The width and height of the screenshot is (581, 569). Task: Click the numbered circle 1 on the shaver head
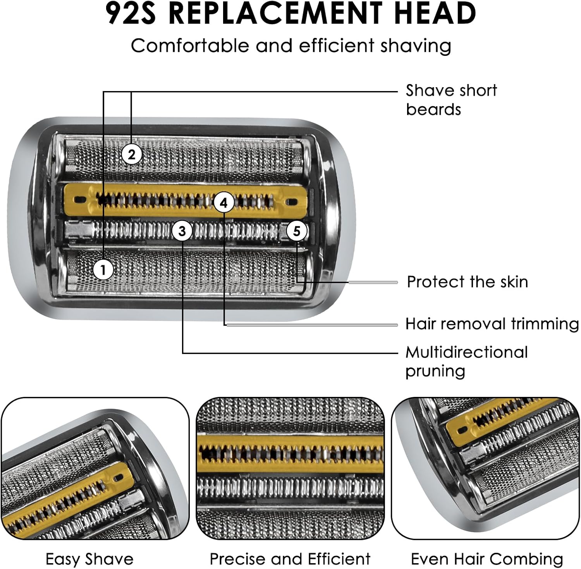click(x=103, y=269)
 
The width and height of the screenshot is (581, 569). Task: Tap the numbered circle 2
click(x=132, y=154)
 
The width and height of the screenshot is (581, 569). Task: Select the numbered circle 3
click(x=182, y=231)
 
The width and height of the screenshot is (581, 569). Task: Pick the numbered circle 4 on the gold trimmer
click(x=224, y=202)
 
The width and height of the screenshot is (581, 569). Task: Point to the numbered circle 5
click(x=297, y=231)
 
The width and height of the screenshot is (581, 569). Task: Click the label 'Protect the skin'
click(x=468, y=282)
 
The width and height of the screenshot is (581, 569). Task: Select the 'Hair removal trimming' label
click(x=492, y=324)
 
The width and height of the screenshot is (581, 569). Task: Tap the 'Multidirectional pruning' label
click(x=466, y=362)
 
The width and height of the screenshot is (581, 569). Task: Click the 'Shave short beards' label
click(x=451, y=100)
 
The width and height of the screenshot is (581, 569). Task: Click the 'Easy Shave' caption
click(x=89, y=559)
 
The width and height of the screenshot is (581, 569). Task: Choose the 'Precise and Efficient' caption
click(x=290, y=559)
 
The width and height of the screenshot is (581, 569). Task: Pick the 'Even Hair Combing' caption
click(x=487, y=559)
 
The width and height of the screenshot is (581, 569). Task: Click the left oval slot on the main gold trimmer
click(x=81, y=200)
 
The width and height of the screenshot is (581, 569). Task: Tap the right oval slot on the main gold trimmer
click(x=292, y=202)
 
